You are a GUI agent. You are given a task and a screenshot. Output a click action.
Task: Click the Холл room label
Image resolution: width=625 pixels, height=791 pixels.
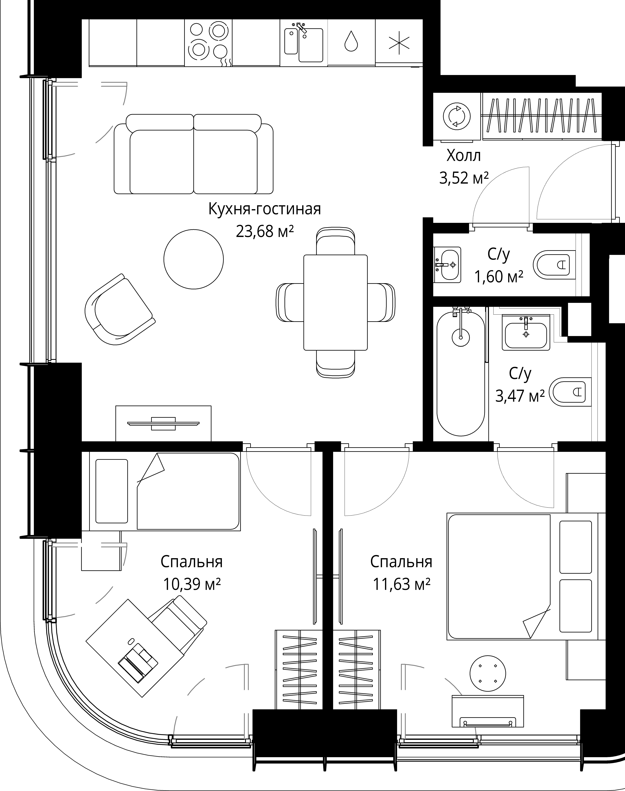(464, 156)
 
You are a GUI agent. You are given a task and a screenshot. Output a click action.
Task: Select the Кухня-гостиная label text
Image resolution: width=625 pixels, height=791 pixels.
(265, 209)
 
